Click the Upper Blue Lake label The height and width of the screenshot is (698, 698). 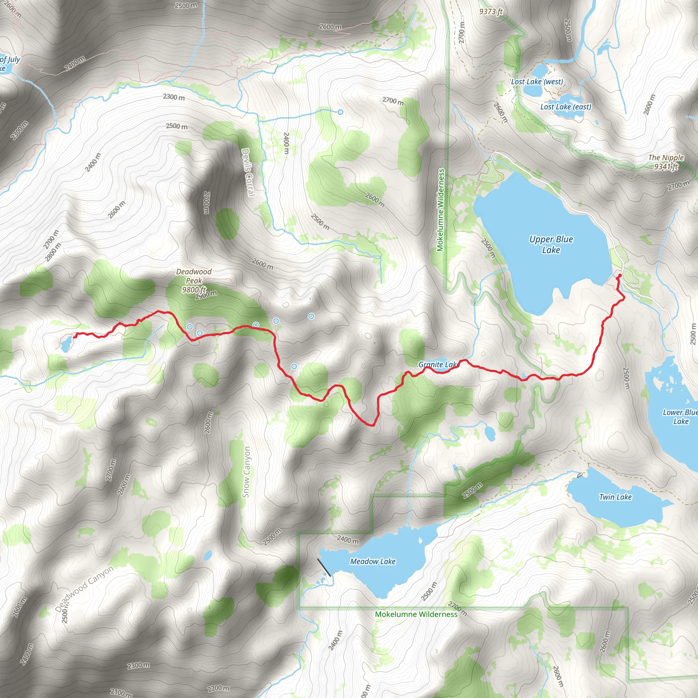pos(551,245)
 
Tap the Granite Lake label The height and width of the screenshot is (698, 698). pos(438,365)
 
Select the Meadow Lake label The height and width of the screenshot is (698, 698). pos(373,561)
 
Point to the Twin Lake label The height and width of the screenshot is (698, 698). pos(615,497)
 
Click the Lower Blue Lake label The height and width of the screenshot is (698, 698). pos(680,416)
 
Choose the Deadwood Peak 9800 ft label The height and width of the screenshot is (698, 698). pos(194,280)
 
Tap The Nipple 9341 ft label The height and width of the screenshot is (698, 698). pos(666,162)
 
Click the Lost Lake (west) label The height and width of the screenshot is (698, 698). pos(537,82)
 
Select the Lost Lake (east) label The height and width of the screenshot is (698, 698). pos(566,107)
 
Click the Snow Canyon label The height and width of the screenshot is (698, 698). pos(246,472)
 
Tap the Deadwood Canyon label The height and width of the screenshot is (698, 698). pos(84,589)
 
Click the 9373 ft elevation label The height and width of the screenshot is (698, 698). pos(491,12)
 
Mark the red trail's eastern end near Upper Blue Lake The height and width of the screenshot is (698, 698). pos(620,276)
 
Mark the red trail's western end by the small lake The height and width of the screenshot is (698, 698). pos(75,336)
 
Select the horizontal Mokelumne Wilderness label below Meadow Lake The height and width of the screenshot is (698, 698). pos(416,614)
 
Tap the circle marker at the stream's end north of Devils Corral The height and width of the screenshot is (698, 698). pos(340,112)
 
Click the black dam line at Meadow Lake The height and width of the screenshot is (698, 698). pos(324,567)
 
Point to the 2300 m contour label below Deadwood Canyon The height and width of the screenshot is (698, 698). pos(138,665)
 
